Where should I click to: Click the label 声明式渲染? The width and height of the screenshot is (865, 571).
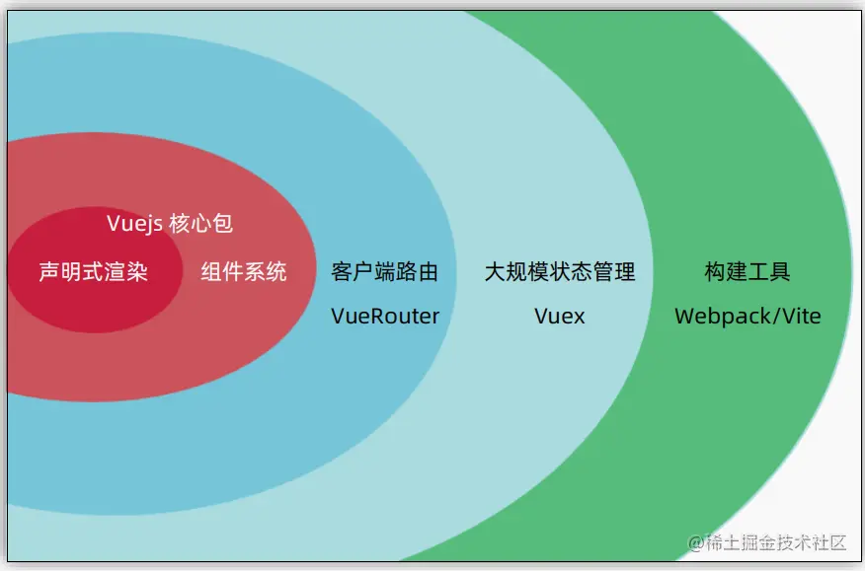coord(93,272)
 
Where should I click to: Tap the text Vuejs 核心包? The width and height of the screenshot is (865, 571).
coord(170,224)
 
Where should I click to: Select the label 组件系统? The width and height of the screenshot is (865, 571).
coord(244,272)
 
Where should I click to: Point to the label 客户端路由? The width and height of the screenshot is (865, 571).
coord(385,272)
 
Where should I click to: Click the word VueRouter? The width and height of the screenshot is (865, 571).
coord(385,316)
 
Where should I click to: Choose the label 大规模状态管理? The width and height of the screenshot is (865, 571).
coord(560,272)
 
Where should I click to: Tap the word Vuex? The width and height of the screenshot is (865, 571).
coord(560,316)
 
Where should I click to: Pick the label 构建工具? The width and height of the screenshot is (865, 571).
coord(747,272)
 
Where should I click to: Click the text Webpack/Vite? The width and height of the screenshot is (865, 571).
coord(747,316)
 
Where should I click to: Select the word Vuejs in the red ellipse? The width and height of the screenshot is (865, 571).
coord(134,224)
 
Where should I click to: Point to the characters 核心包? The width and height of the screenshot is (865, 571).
coord(201,224)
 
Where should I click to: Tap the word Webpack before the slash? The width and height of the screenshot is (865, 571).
coord(720,316)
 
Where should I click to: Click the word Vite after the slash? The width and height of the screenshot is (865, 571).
coord(799,316)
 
